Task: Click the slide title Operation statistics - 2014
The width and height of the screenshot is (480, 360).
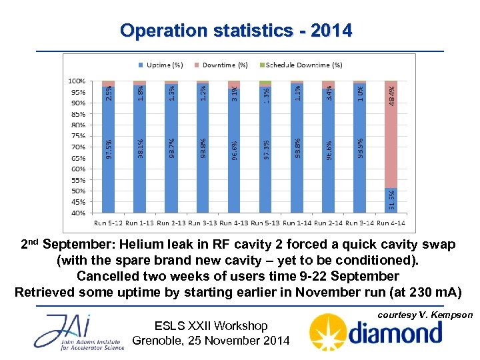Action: coord(236,31)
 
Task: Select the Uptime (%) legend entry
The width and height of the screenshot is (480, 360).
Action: coord(163,65)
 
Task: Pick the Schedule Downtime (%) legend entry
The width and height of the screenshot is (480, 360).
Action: coord(304,65)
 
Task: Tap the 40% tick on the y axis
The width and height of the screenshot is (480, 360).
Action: coord(78,213)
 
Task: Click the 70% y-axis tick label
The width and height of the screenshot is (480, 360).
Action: coord(78,147)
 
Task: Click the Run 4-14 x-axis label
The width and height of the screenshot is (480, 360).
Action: coord(392,222)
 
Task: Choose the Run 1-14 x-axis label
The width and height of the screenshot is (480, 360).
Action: coord(297,222)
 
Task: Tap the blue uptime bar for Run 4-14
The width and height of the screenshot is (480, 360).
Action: coord(391,200)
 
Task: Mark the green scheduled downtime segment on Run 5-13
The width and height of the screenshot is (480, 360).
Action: coord(265,83)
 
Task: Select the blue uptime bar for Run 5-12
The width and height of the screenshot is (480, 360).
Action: coord(109,150)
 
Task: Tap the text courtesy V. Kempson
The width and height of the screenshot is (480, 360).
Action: coord(425,315)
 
